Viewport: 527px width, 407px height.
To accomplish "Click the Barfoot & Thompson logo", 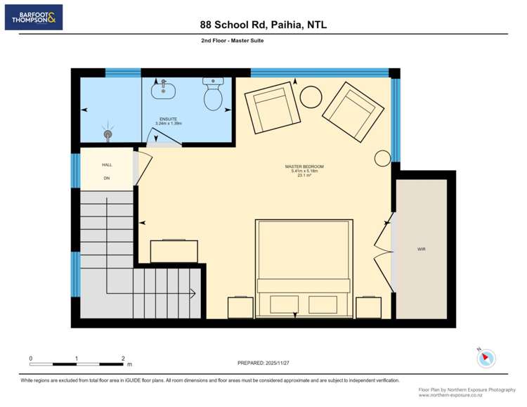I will point(34,17).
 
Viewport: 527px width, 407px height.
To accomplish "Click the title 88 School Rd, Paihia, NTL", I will point(263,25).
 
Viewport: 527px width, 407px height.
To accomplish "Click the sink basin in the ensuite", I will point(164,89).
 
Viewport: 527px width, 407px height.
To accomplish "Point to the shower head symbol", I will point(108,131).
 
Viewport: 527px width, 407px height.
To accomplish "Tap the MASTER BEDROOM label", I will point(304,169).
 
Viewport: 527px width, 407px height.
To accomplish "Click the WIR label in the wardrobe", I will point(421,250).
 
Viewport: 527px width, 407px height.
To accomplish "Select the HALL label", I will point(107,164).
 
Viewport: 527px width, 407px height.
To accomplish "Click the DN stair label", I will point(107,179).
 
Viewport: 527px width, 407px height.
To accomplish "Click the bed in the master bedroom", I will point(304,267).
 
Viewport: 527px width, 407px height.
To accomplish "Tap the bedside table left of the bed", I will point(240,307).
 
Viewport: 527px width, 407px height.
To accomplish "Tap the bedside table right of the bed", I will point(368,307).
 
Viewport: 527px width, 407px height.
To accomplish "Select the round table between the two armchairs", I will point(311,96).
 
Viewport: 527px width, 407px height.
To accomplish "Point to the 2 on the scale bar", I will point(123,358).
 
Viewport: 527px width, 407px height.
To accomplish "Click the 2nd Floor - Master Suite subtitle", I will point(232,41).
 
